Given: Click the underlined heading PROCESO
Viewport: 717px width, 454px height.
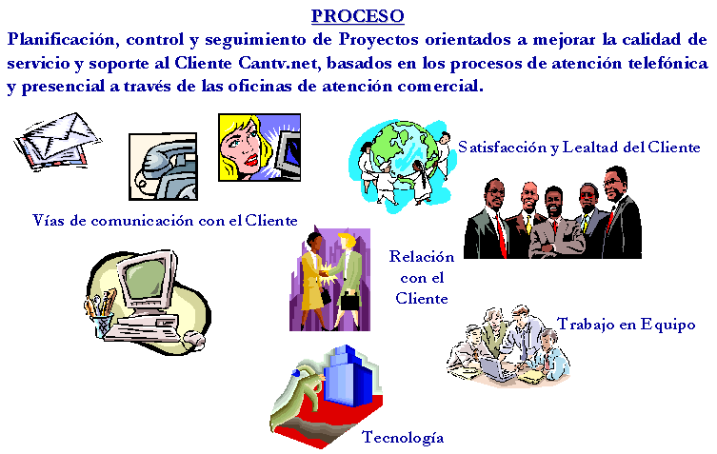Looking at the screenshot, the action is [x=358, y=16].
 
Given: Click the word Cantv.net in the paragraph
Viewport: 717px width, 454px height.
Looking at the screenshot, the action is [x=278, y=63].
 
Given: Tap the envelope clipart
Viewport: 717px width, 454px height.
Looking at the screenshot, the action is [x=58, y=141].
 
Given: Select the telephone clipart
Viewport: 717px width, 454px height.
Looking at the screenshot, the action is [x=163, y=167].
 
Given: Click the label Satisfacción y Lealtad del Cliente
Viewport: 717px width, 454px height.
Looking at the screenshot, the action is [x=579, y=148].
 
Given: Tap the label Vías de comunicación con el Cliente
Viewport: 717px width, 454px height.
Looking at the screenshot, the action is [x=165, y=221].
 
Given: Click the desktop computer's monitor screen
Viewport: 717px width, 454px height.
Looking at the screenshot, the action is [x=145, y=279].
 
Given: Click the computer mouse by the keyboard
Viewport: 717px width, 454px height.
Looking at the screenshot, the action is [x=194, y=339].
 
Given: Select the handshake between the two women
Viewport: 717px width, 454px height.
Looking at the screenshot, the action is [x=326, y=273].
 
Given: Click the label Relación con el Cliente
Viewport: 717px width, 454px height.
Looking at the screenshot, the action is [x=422, y=278].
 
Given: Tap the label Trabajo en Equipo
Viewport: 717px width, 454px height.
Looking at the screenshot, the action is [x=627, y=325].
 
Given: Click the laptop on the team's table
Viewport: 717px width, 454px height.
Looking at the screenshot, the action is [x=497, y=369].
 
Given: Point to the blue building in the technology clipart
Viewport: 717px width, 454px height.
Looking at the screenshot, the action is [x=347, y=376].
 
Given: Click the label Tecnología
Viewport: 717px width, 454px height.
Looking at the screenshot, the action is [x=403, y=438].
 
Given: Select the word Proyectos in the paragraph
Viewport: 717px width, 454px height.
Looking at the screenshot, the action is [x=379, y=40].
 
